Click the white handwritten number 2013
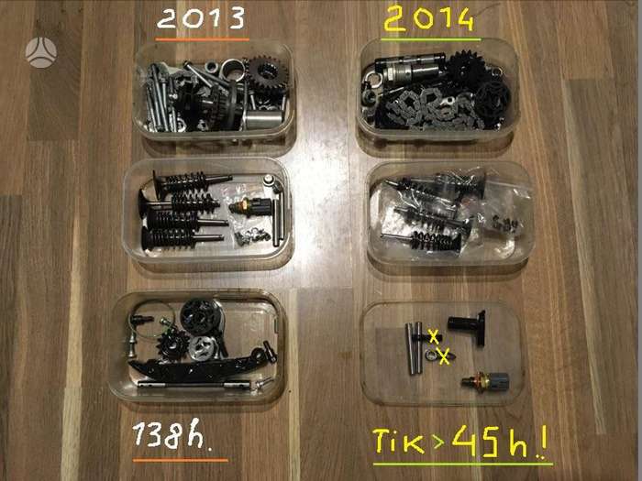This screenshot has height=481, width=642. [x=201, y=19]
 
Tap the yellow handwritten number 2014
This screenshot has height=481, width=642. [x=428, y=19]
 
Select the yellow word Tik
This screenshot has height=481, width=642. [x=397, y=441]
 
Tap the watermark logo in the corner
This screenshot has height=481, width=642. [x=40, y=52]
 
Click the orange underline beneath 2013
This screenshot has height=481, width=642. [x=203, y=39]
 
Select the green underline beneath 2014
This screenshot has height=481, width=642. [x=431, y=39]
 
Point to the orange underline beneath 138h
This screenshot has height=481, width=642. [x=180, y=460]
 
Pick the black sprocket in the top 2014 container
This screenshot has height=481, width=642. [x=467, y=70]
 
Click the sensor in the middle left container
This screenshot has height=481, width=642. [x=250, y=206]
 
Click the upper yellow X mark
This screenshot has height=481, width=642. [x=433, y=336]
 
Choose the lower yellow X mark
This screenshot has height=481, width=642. [x=444, y=356]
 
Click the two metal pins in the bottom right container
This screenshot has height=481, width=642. [x=414, y=348]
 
